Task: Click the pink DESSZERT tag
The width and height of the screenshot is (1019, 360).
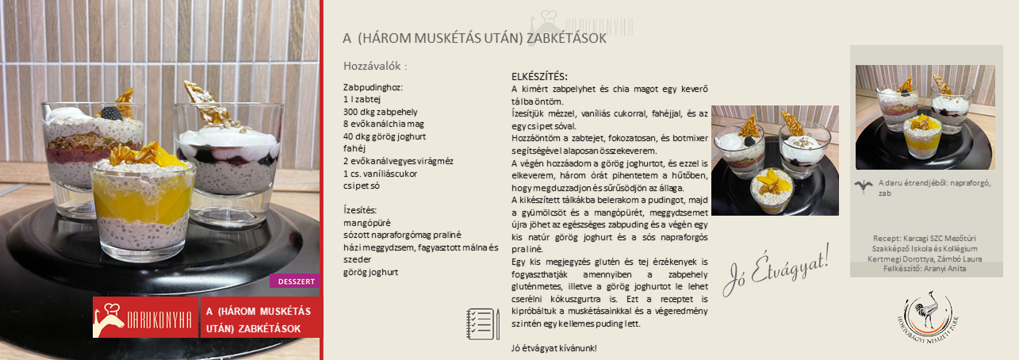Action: [x=295, y=281]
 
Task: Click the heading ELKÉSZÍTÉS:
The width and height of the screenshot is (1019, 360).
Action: [x=539, y=77]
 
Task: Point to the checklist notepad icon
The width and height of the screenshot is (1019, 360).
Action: [x=482, y=324]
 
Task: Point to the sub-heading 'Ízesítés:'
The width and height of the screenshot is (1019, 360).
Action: [x=360, y=210]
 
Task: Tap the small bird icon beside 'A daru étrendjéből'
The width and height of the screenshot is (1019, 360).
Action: [x=864, y=186]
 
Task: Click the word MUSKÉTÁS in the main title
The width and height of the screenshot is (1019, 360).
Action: [x=438, y=38]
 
